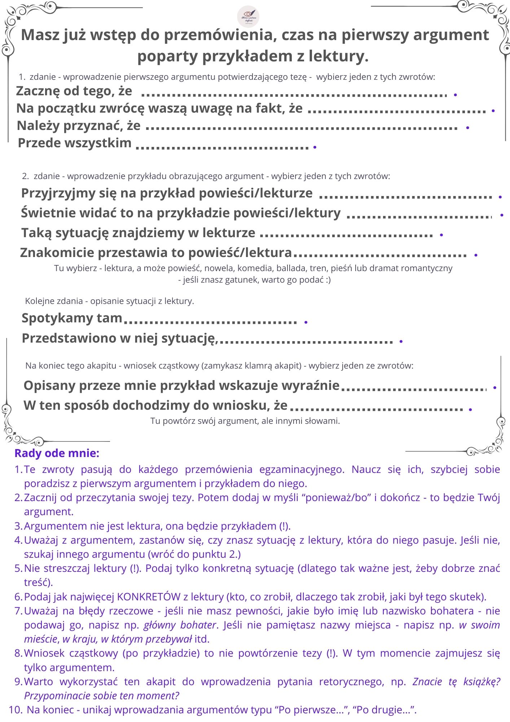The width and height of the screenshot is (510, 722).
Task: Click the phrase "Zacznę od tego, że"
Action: tap(74, 91)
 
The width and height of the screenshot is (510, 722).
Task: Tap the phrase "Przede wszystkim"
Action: tap(75, 143)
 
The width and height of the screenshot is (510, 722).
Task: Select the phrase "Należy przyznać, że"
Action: tap(79, 126)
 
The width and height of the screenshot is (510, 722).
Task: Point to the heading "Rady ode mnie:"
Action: tap(57, 453)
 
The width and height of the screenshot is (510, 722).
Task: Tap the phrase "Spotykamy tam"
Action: tap(72, 318)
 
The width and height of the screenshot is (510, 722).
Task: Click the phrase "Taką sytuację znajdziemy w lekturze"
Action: tap(138, 233)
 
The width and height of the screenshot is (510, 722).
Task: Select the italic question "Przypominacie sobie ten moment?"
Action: tap(101, 696)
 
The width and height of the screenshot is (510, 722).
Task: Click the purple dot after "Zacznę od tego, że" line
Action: tap(456, 95)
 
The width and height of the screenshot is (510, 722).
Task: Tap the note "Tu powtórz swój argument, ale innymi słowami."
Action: tap(245, 421)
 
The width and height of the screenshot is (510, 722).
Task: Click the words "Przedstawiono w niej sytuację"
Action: tap(118, 338)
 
